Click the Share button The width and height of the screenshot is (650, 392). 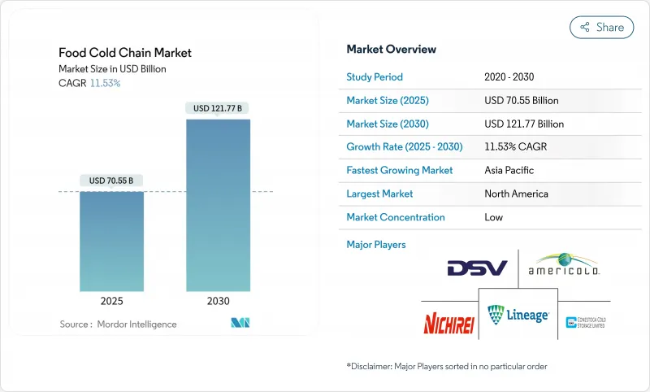(x=602, y=27)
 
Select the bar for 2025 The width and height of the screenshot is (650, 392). (x=111, y=241)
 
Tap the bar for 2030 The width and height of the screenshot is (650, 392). (x=218, y=205)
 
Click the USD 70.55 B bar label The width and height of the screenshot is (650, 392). (x=111, y=180)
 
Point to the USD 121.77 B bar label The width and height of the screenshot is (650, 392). (x=218, y=107)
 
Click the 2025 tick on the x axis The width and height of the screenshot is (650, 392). (x=111, y=301)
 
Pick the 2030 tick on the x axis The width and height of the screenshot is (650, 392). (x=218, y=301)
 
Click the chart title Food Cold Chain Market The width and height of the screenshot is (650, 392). (x=125, y=53)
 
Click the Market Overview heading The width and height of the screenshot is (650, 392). (x=391, y=49)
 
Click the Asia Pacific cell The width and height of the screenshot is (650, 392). (x=509, y=171)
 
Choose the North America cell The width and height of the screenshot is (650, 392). (x=515, y=194)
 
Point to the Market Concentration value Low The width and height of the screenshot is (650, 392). (x=493, y=217)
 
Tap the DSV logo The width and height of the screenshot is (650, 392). (x=477, y=268)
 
